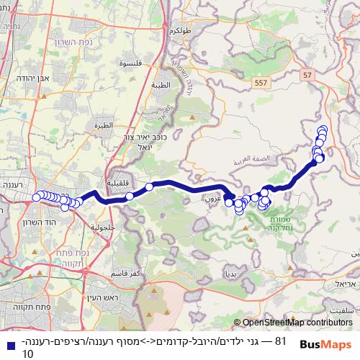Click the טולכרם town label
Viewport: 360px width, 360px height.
click(179, 32)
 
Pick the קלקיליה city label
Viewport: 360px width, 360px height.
click(116, 183)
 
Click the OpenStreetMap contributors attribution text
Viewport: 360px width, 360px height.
click(297, 323)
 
